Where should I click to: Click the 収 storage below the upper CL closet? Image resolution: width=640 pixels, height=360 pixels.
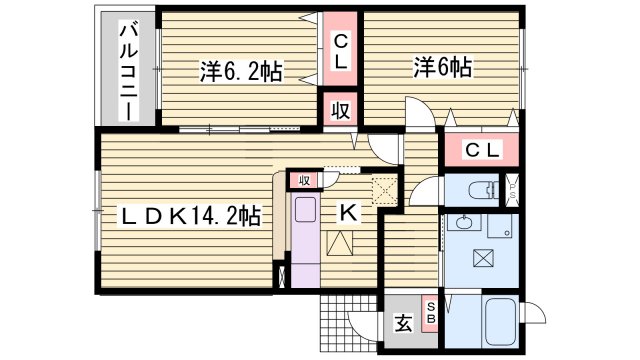click(x=340, y=110)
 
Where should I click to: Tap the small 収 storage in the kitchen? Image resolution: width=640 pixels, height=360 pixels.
click(x=303, y=180)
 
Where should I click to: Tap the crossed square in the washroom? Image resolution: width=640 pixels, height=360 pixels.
click(x=482, y=258)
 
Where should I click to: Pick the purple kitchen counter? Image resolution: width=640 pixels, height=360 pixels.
click(x=303, y=240)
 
